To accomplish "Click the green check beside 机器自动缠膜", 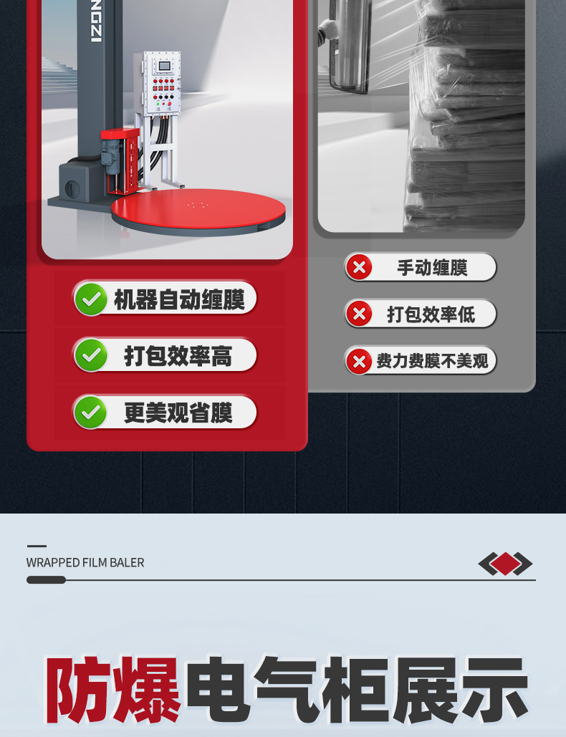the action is pyautogui.click(x=91, y=299).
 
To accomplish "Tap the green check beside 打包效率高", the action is pyautogui.click(x=91, y=355).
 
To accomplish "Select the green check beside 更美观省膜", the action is pyautogui.click(x=91, y=413).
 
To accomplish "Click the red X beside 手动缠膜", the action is pyautogui.click(x=359, y=267).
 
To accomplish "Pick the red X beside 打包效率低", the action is pyautogui.click(x=359, y=314).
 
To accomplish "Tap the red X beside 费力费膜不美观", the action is pyautogui.click(x=359, y=362).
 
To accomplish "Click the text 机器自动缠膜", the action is pyautogui.click(x=180, y=299).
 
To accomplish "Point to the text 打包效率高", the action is pyautogui.click(x=178, y=355).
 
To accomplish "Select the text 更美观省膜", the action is pyautogui.click(x=178, y=413).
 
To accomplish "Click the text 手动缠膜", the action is pyautogui.click(x=433, y=268).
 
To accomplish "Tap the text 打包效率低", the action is pyautogui.click(x=431, y=314).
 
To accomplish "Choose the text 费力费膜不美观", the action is pyautogui.click(x=433, y=361).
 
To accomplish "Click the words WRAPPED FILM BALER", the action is pyautogui.click(x=85, y=563).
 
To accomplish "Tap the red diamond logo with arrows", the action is pyautogui.click(x=505, y=564).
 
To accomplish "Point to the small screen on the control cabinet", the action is pyautogui.click(x=163, y=66).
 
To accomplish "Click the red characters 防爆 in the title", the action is pyautogui.click(x=112, y=690).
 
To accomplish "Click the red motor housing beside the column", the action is pyautogui.click(x=120, y=160).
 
